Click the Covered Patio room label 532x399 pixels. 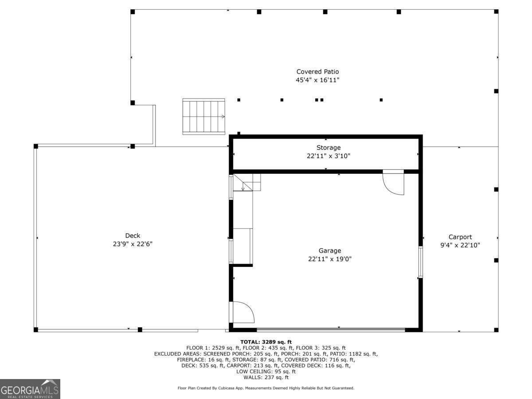(x=317, y=72)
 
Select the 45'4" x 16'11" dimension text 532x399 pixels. (x=317, y=80)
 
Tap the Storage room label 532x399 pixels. (x=329, y=148)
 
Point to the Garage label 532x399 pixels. (x=330, y=250)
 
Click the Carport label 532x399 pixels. (x=460, y=237)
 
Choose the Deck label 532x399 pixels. (x=133, y=235)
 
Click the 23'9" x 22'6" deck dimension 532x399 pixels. (x=133, y=244)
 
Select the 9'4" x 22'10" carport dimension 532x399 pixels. (x=460, y=246)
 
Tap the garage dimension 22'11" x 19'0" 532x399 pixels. (x=330, y=259)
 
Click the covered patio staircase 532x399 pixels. (x=203, y=117)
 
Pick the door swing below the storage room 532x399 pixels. (x=393, y=182)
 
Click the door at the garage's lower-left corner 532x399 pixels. (x=242, y=312)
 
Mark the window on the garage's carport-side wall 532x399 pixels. (x=421, y=262)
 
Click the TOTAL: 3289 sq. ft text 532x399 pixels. (x=266, y=342)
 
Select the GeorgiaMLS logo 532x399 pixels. (x=30, y=389)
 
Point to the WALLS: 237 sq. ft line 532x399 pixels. (x=266, y=377)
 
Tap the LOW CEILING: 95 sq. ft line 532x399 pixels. (x=266, y=372)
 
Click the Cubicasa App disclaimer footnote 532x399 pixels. (x=266, y=388)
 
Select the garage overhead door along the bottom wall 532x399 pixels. (x=331, y=329)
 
